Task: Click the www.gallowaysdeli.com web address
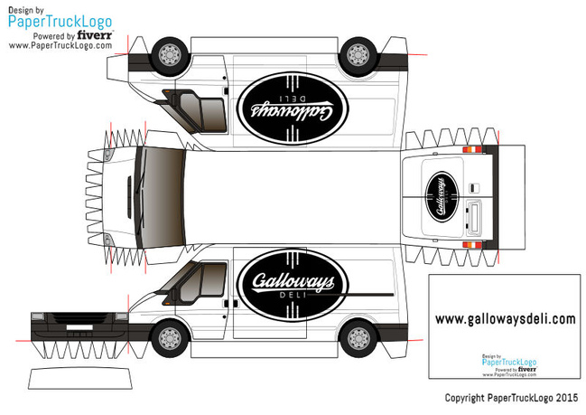[505, 318]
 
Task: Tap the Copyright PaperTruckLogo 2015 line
[510, 397]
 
